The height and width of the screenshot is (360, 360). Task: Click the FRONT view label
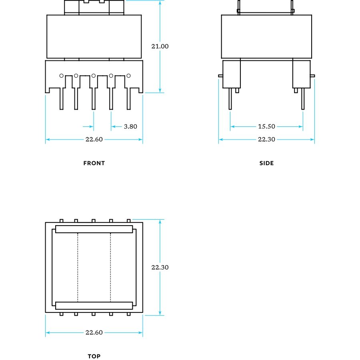click(x=94, y=163)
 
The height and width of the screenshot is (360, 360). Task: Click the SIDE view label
click(x=266, y=163)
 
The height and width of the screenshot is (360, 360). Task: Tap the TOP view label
click(x=94, y=356)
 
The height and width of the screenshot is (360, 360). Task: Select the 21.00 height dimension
click(x=160, y=46)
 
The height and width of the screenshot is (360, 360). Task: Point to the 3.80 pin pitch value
click(x=130, y=126)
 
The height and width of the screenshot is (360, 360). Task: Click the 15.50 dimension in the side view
click(x=266, y=126)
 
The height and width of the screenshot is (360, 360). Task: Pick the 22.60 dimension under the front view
click(x=94, y=139)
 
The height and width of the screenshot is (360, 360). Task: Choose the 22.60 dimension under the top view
click(x=94, y=332)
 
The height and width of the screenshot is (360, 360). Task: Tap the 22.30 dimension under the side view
click(x=266, y=139)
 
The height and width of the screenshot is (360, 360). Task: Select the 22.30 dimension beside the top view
click(x=160, y=267)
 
